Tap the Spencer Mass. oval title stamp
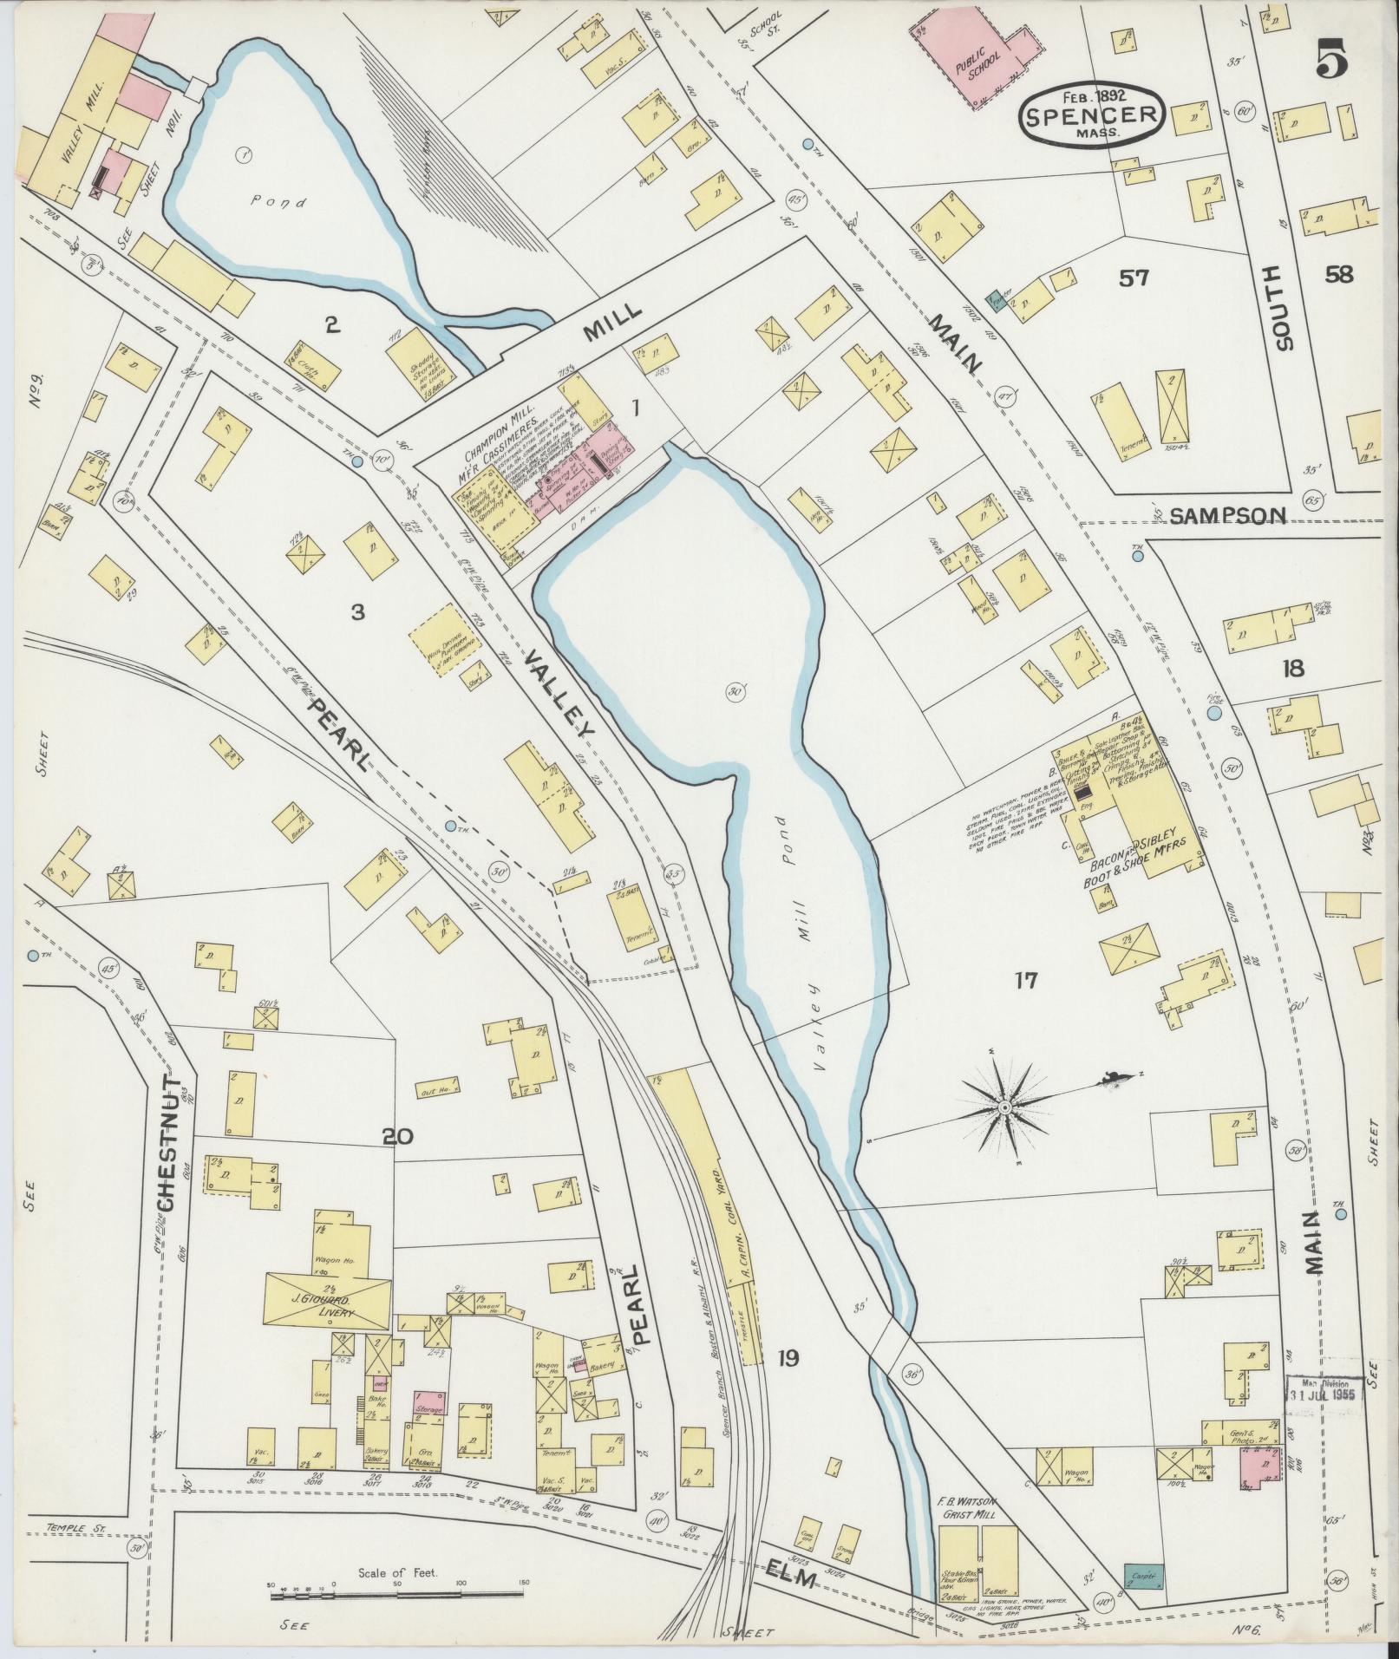1090,114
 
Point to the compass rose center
1004,1108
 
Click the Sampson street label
1226,517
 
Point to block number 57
1133,278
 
